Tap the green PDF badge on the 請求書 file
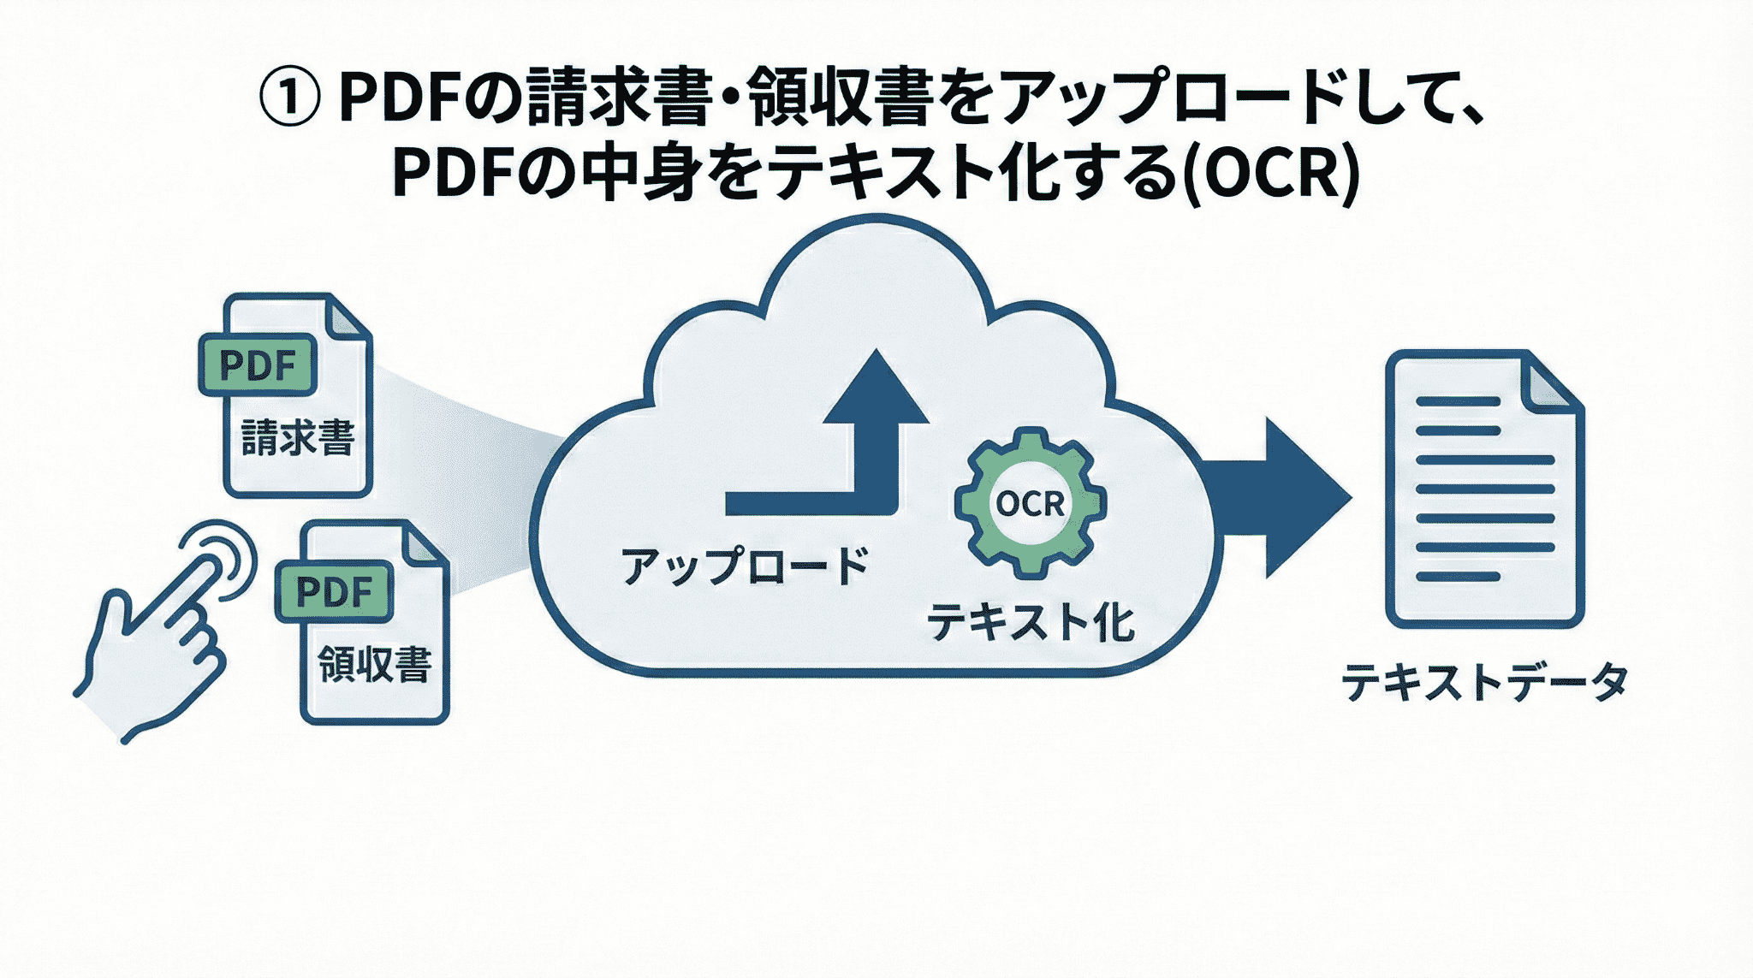pyautogui.click(x=258, y=365)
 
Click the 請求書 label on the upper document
pyautogui.click(x=297, y=438)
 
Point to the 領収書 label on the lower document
pyautogui.click(x=374, y=665)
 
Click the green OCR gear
pyautogui.click(x=1030, y=503)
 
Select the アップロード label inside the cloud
pyautogui.click(x=744, y=566)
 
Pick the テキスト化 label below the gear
pyautogui.click(x=1031, y=622)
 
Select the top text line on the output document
pyautogui.click(x=1458, y=401)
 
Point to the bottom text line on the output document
pyautogui.click(x=1458, y=577)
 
